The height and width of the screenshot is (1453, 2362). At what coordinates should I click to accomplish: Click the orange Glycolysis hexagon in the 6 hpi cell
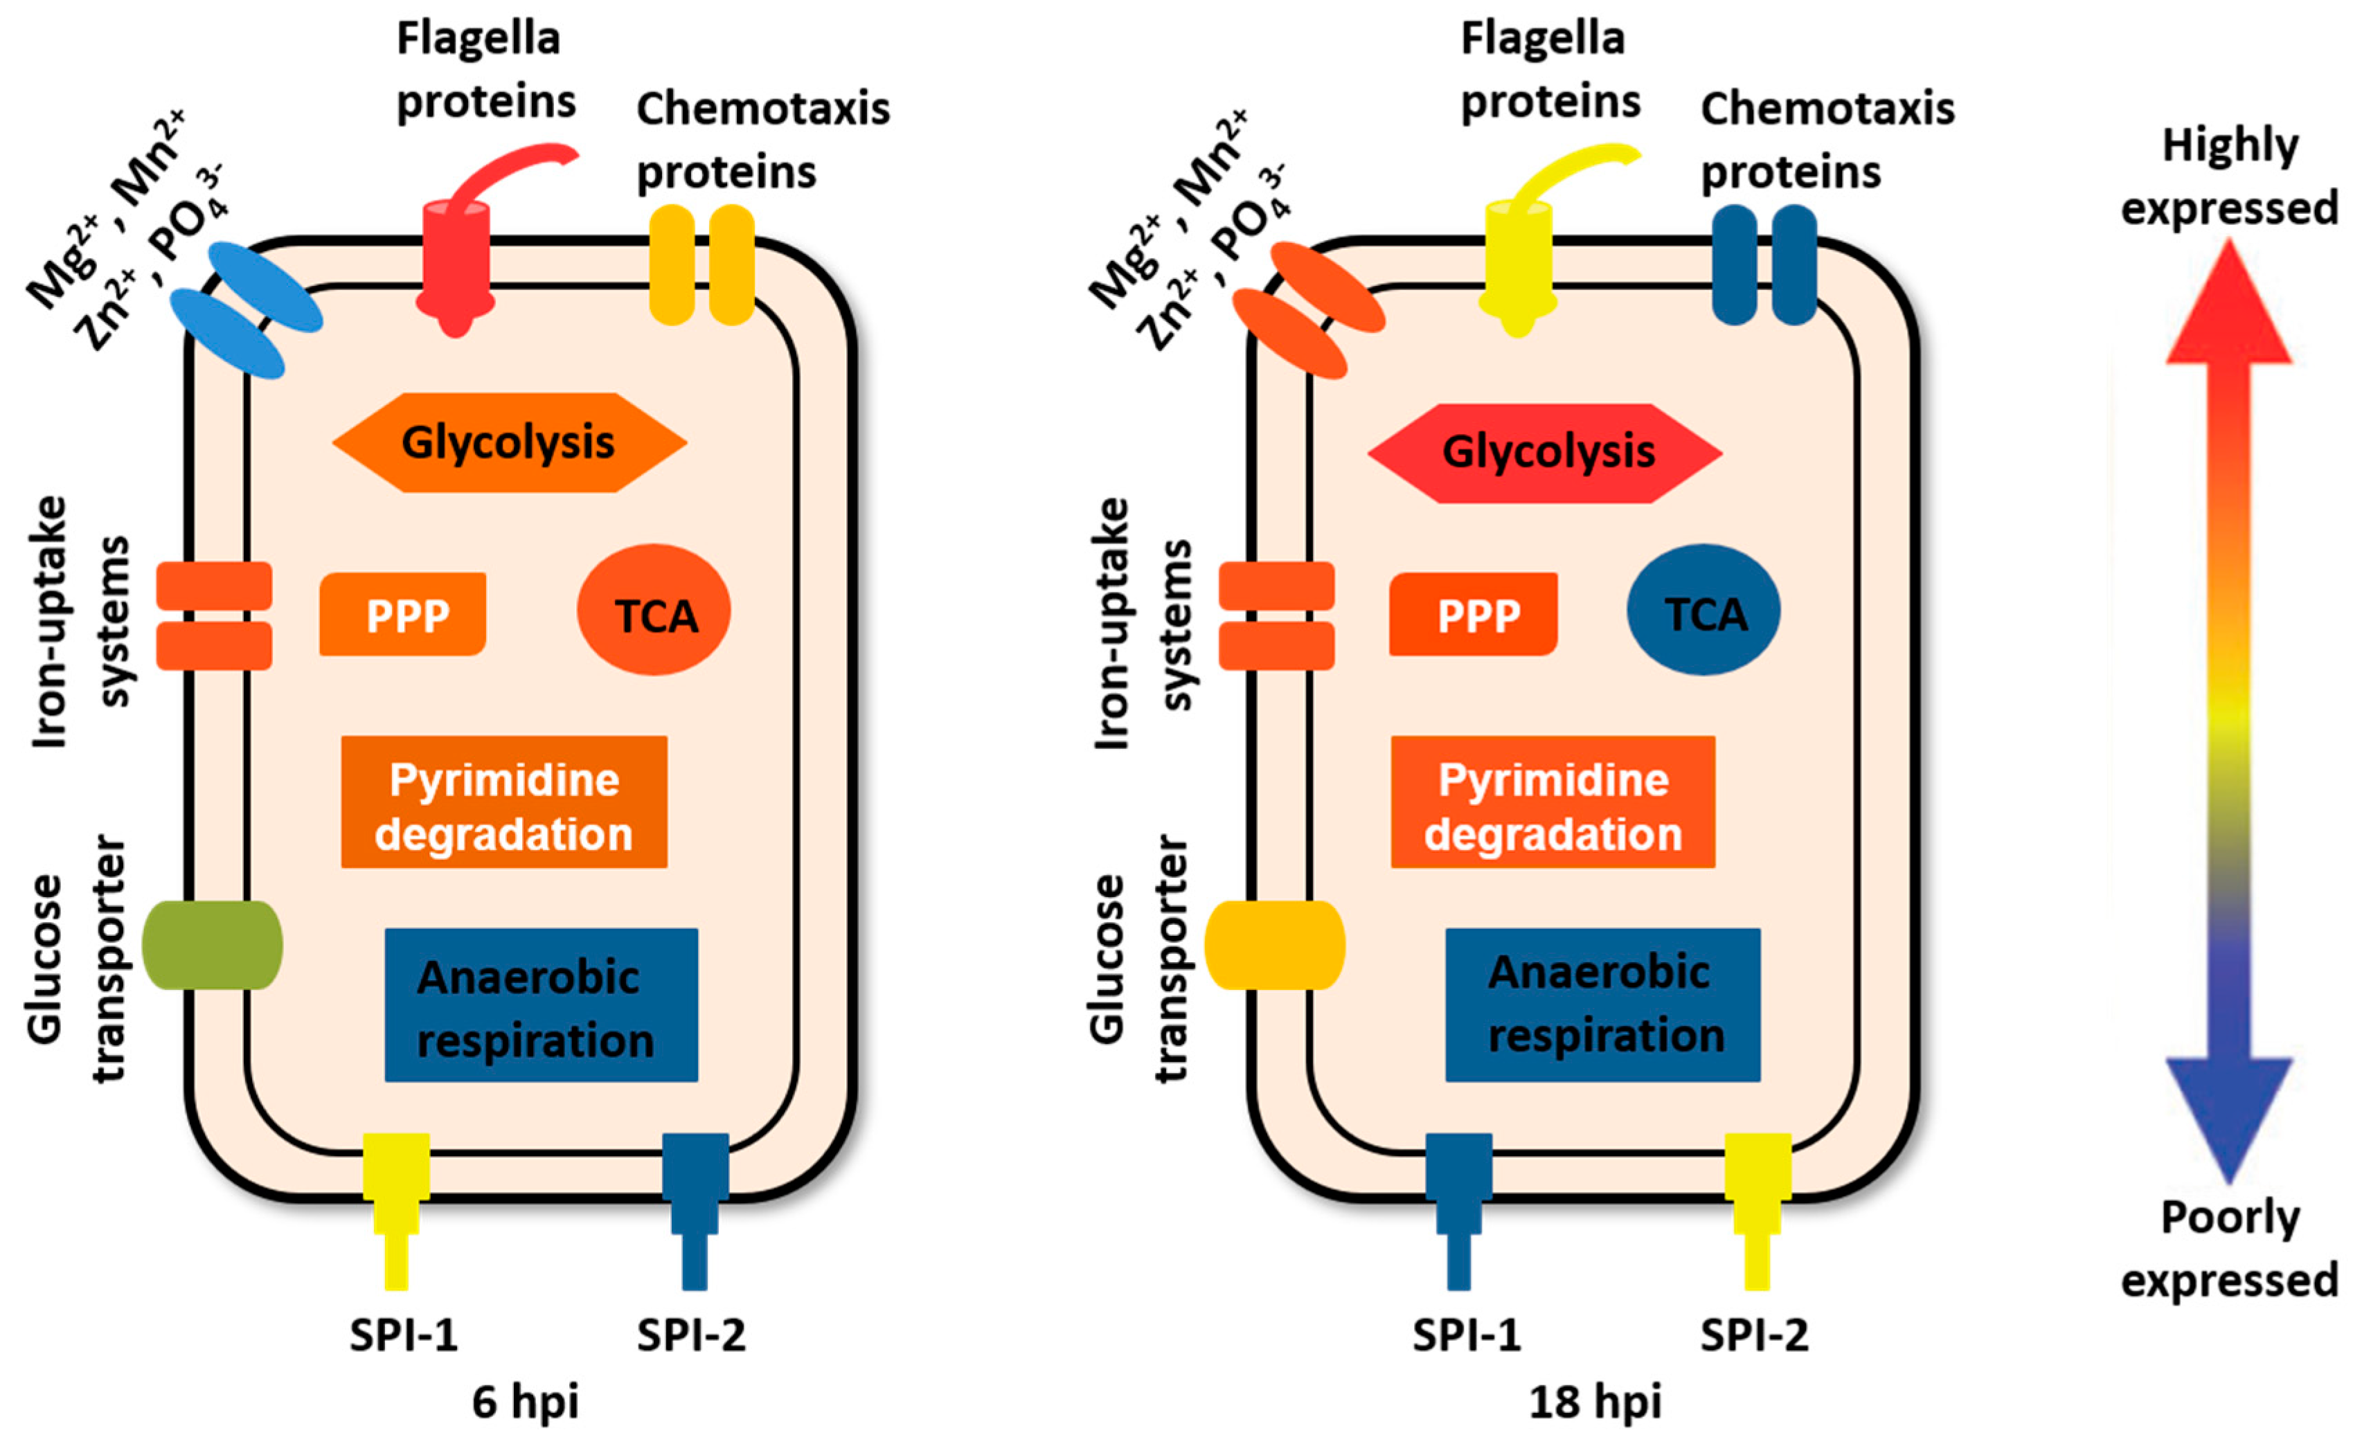[x=510, y=443]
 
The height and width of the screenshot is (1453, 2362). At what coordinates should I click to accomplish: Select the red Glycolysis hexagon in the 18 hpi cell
[x=1545, y=453]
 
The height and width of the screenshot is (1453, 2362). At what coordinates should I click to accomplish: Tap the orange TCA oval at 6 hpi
[x=654, y=611]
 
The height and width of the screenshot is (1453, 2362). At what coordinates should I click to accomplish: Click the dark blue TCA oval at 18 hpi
[x=1703, y=611]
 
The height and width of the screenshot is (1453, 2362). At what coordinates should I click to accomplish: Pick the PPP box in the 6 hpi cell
[x=403, y=615]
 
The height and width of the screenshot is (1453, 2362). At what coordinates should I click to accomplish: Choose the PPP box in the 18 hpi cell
[x=1473, y=615]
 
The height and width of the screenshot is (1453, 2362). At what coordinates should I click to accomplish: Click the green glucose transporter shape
[x=213, y=945]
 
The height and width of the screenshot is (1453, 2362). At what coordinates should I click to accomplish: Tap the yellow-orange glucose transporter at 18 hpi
[x=1275, y=945]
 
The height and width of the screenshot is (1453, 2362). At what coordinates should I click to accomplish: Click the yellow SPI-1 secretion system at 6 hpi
[x=396, y=1211]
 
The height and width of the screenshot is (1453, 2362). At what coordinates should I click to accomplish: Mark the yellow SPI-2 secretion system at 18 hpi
[x=1757, y=1211]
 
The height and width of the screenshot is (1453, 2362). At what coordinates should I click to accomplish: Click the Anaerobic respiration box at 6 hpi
[x=542, y=1005]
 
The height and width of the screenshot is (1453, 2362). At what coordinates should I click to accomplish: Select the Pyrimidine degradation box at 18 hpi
[x=1553, y=802]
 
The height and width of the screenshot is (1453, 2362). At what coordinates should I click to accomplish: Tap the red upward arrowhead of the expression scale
[x=2229, y=302]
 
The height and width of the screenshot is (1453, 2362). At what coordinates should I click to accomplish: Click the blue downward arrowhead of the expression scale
[x=2229, y=1119]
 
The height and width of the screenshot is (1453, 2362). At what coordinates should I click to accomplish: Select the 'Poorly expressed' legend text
[x=2229, y=1249]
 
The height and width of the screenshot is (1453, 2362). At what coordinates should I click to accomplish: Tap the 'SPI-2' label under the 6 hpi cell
[x=691, y=1335]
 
